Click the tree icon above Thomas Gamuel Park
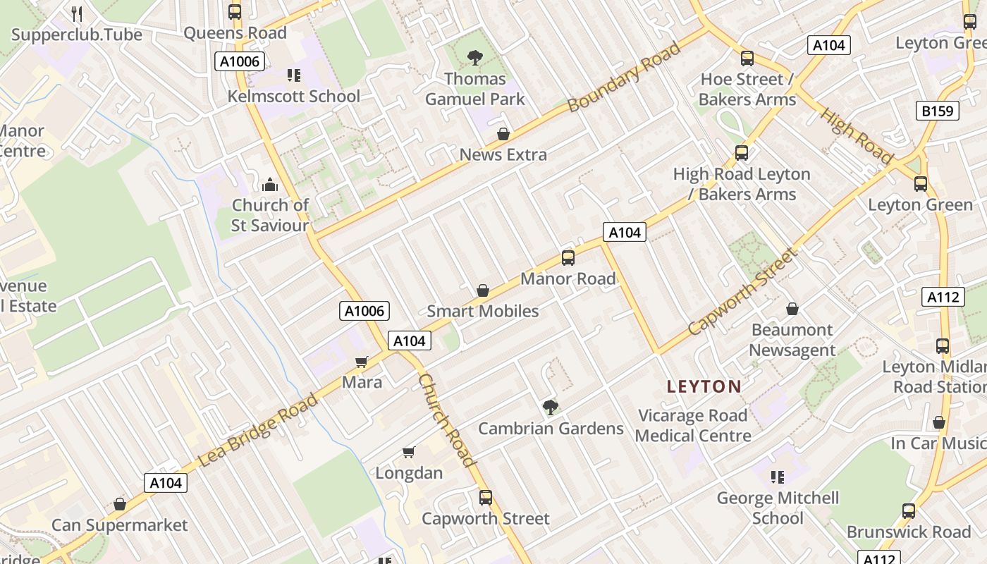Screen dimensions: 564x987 tap(475, 58)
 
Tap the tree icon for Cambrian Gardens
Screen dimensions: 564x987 tap(551, 407)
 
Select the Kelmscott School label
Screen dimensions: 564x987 tap(293, 96)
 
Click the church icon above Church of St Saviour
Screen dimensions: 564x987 tap(270, 185)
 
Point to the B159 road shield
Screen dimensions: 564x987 tap(938, 111)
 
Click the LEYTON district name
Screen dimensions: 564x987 tap(704, 386)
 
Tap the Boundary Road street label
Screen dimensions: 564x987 tap(625, 77)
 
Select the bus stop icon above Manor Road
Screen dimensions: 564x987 tap(568, 258)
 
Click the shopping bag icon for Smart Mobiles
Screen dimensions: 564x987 tap(483, 290)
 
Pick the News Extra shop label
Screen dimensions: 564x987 tap(503, 154)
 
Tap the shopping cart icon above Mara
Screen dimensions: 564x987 tap(362, 362)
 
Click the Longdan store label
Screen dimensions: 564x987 tap(409, 472)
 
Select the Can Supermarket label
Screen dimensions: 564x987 tap(120, 525)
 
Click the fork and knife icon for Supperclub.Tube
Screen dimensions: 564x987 tap(77, 13)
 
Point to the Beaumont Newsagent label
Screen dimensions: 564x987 tap(792, 340)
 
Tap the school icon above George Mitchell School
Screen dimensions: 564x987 tap(778, 477)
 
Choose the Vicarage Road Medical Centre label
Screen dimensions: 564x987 tap(692, 426)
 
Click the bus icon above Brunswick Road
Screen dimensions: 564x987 tap(909, 511)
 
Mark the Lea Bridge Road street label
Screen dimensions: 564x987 tap(259, 430)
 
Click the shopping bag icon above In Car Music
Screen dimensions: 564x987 tap(938, 422)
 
